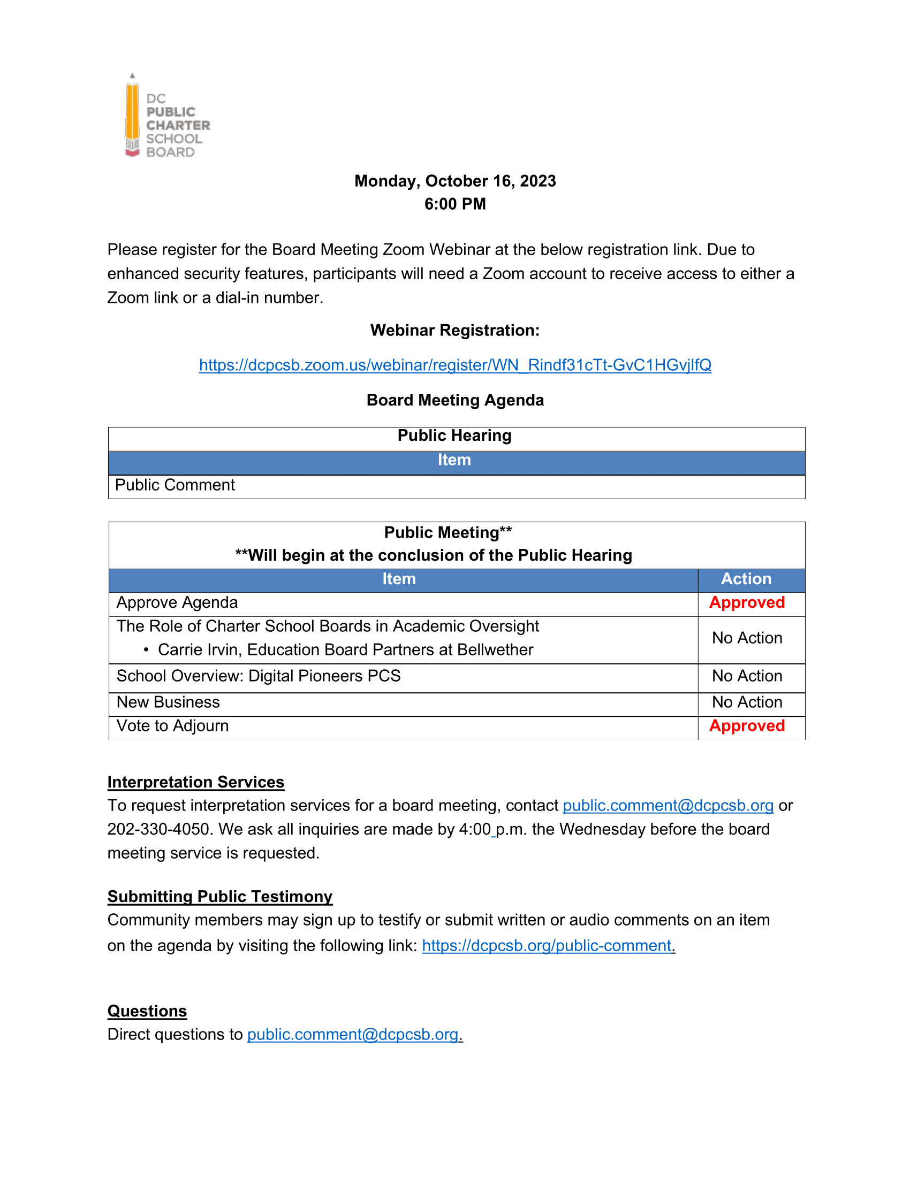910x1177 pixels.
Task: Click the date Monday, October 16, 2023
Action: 455,181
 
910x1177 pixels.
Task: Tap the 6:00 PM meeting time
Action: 455,204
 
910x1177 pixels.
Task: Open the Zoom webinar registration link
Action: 455,365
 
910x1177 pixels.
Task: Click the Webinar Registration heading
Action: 455,330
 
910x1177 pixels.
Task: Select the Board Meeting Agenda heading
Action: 455,400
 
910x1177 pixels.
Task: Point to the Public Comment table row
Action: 175,486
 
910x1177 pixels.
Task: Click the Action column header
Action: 746,579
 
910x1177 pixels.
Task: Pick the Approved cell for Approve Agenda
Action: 747,603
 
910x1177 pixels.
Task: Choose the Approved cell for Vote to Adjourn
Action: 747,727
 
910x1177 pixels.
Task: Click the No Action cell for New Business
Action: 747,703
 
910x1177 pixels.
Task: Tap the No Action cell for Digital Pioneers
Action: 747,676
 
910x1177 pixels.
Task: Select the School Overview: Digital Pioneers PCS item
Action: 259,676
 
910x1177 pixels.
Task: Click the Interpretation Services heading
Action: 196,783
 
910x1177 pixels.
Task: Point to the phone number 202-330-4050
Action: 158,829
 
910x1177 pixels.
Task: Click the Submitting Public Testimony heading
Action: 220,897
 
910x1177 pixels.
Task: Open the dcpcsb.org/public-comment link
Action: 547,946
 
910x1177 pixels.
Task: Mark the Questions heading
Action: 147,1012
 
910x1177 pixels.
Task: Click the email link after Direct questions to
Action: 353,1035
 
